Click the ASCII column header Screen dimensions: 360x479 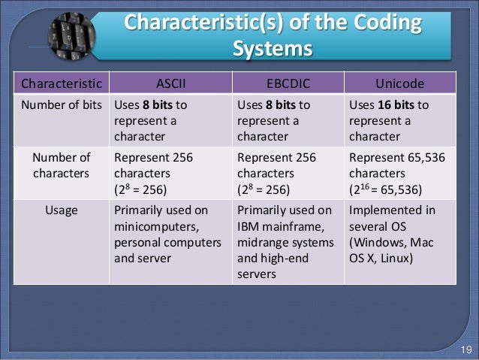173,82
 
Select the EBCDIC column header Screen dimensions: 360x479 288,82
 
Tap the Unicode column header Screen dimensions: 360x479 400,82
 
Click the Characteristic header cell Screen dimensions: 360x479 59,82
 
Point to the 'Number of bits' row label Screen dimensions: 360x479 59,104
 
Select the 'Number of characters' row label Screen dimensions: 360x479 59,165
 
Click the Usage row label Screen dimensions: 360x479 59,211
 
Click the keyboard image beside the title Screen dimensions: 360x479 71,35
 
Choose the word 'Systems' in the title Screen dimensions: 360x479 272,49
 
